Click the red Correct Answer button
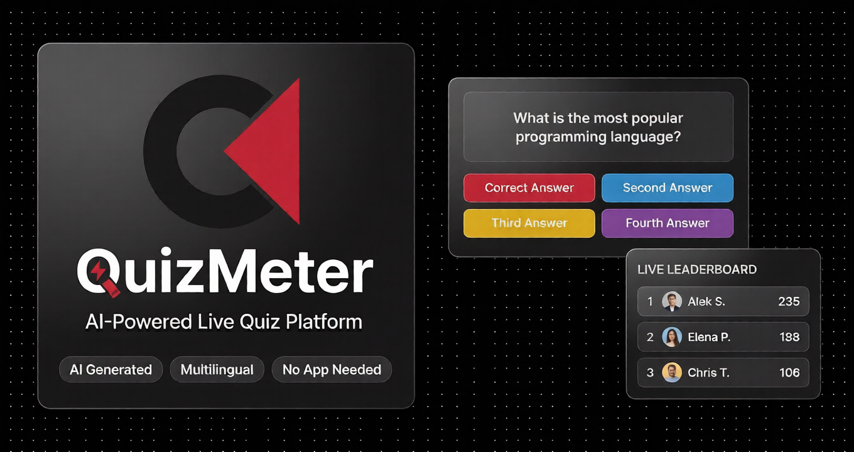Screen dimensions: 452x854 click(x=529, y=188)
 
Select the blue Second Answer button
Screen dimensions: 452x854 click(x=667, y=188)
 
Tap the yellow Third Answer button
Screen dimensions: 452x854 click(x=529, y=223)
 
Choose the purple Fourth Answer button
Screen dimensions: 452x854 click(x=667, y=223)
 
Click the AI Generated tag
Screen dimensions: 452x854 click(x=111, y=370)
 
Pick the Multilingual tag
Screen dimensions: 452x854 click(x=217, y=370)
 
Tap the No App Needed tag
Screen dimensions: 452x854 click(x=332, y=370)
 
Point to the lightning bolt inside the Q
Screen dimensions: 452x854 click(x=99, y=271)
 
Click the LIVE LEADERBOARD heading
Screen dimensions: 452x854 click(x=697, y=270)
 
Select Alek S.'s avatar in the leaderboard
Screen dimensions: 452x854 click(x=672, y=302)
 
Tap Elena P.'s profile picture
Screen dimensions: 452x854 click(x=672, y=337)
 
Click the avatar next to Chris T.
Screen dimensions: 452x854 click(x=672, y=373)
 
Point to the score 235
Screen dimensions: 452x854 click(x=789, y=302)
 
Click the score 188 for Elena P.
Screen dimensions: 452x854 click(x=789, y=337)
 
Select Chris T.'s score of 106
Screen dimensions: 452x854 click(x=789, y=373)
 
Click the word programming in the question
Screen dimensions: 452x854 click(x=554, y=137)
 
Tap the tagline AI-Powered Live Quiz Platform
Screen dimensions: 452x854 click(x=224, y=322)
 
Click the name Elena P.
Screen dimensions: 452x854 click(x=709, y=337)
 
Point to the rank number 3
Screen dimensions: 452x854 click(x=650, y=373)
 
